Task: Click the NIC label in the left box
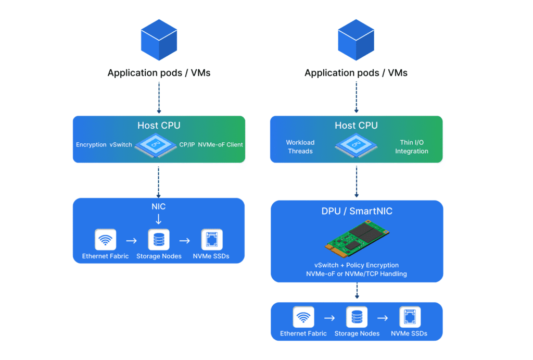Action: click(158, 207)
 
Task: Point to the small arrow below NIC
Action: click(158, 219)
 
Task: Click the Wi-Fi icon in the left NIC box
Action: click(105, 240)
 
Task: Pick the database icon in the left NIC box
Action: click(159, 240)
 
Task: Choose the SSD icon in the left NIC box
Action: click(212, 240)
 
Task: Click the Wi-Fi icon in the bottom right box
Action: click(303, 317)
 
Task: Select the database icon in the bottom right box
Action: click(357, 317)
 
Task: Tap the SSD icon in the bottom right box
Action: click(410, 317)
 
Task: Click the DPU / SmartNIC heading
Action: click(357, 212)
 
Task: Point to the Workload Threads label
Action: click(300, 147)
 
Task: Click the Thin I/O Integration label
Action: click(411, 147)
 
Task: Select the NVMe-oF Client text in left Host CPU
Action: click(220, 144)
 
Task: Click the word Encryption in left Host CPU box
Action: click(91, 144)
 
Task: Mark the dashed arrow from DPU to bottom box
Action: click(357, 291)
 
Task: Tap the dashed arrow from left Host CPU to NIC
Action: click(159, 180)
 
